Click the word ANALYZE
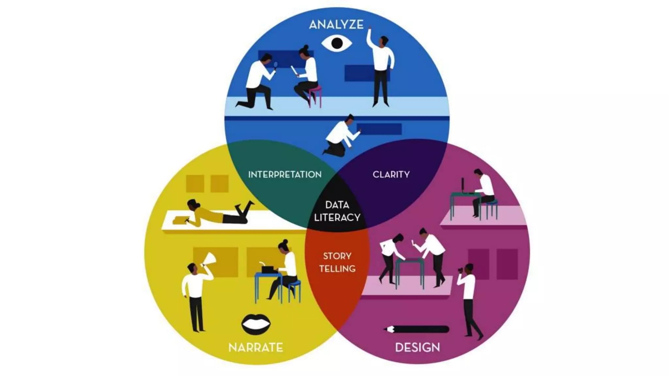click(336, 25)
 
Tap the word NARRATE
click(256, 348)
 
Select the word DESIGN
click(417, 347)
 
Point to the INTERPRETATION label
click(285, 175)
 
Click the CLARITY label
click(391, 175)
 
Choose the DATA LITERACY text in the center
click(337, 211)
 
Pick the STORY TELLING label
click(337, 262)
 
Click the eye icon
click(336, 43)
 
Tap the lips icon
click(256, 324)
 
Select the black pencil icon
click(416, 329)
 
